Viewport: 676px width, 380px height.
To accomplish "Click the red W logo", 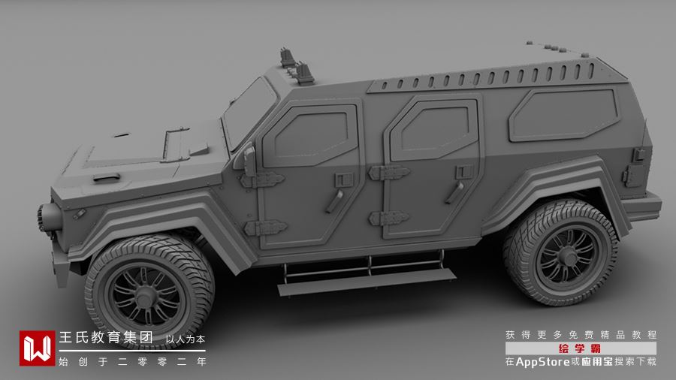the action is click(37, 348).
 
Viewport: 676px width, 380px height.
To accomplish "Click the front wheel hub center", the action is click(145, 296).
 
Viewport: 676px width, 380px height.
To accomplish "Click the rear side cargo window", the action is click(564, 115).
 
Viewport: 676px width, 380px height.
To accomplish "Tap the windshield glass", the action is click(249, 113).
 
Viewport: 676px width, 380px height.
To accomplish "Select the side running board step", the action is click(367, 282).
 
